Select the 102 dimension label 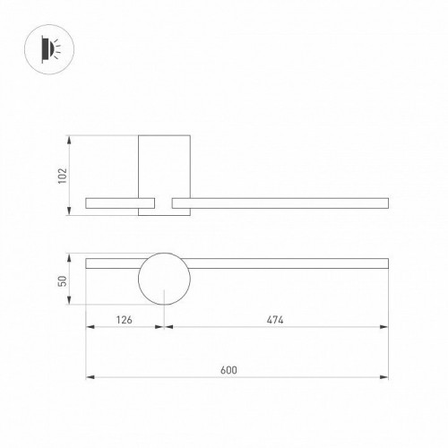60,176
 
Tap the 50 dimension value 60,280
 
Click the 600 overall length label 236,367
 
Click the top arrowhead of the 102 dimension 70,138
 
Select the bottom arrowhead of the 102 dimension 70,212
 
